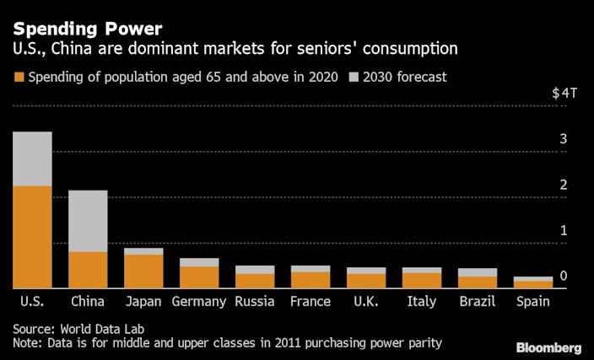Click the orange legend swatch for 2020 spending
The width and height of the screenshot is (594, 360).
tap(19, 78)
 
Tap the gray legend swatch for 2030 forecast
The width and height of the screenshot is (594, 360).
tap(352, 78)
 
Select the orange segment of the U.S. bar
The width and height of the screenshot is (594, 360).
tap(32, 237)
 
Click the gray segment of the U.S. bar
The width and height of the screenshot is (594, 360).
tap(32, 159)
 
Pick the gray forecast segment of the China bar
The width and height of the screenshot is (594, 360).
tap(88, 221)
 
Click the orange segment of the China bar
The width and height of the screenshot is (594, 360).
tap(88, 270)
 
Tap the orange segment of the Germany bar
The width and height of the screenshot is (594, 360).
tap(199, 277)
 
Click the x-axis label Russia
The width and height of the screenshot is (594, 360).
tap(255, 301)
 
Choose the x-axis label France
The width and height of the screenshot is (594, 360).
tap(310, 301)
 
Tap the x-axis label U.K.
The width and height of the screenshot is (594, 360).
tap(366, 301)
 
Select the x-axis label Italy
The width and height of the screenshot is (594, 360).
tap(422, 301)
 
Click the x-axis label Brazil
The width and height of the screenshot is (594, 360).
tap(478, 301)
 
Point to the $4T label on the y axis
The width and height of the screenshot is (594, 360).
tap(564, 94)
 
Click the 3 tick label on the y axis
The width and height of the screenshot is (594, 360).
tap(564, 139)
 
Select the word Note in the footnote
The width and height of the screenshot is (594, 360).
tap(28, 343)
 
